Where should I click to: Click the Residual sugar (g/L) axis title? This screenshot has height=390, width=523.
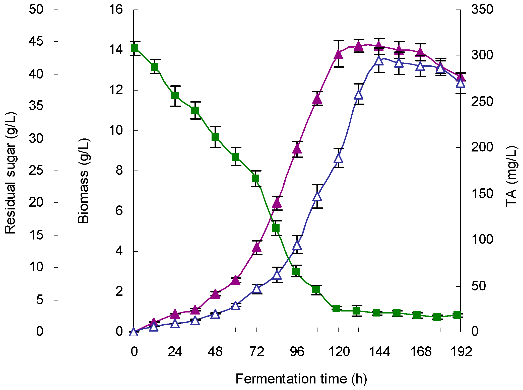point(11,173)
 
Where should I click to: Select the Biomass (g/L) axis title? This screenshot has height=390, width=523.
point(84,181)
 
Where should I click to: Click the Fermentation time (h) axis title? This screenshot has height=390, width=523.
point(301,378)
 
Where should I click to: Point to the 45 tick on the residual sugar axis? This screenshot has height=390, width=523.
point(36,41)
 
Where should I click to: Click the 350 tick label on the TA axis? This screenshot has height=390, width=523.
point(482,10)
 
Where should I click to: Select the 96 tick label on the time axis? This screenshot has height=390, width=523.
point(297,352)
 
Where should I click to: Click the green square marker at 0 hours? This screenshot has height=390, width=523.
point(135,48)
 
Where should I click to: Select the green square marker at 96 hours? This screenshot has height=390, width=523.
point(296,271)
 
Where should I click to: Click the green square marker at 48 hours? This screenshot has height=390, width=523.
point(215,137)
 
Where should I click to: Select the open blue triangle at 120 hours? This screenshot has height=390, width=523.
point(339,158)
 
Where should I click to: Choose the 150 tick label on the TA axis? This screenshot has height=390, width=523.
point(482,194)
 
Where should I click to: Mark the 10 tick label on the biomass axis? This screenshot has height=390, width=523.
point(116,130)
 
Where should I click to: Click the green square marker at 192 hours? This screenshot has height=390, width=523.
point(457,315)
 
